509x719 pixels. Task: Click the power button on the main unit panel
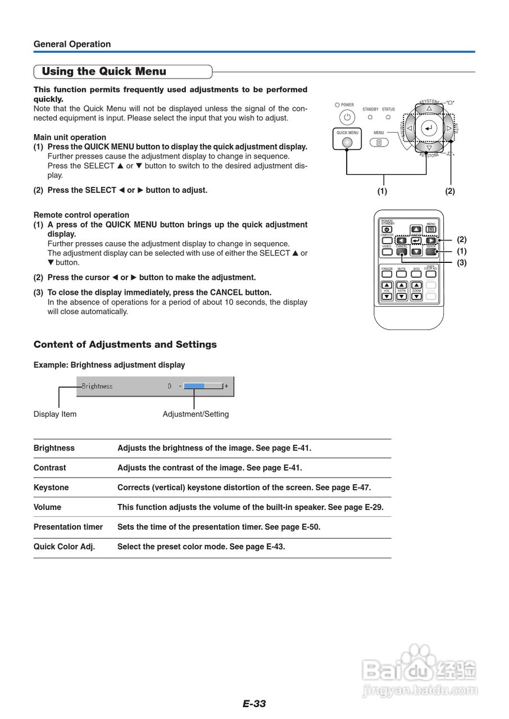click(347, 117)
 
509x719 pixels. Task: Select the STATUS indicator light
click(388, 117)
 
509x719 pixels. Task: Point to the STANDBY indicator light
click(370, 117)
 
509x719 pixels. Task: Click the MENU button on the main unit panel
click(379, 143)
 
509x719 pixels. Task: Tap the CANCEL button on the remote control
click(402, 252)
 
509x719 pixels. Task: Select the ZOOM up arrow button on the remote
click(416, 285)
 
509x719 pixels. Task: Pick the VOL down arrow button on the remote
click(387, 295)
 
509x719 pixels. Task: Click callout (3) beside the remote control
click(462, 262)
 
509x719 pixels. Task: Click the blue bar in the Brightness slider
click(194, 386)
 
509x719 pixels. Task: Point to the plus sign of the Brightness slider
click(226, 386)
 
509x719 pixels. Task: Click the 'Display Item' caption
click(55, 414)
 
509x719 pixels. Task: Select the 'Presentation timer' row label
click(68, 527)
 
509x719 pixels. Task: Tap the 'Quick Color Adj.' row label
click(64, 547)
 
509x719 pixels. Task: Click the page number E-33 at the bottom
click(254, 704)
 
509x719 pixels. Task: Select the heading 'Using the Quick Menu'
click(104, 71)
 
